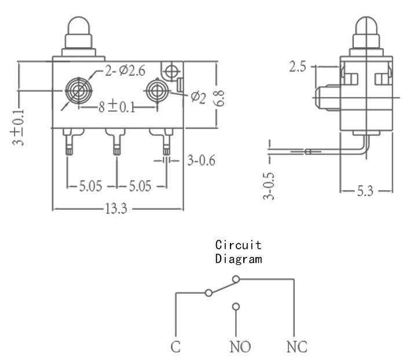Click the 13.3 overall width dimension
click(x=116, y=208)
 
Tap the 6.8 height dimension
click(x=220, y=98)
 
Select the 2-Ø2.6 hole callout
click(x=125, y=71)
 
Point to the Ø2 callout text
click(x=199, y=97)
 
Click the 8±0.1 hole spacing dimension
click(x=117, y=106)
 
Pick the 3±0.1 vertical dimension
click(x=19, y=127)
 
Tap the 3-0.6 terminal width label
click(x=202, y=160)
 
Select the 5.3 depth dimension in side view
click(x=365, y=191)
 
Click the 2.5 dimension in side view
click(x=298, y=67)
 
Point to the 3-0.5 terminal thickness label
click(x=268, y=186)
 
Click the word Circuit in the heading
click(x=238, y=245)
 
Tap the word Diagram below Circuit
click(x=239, y=259)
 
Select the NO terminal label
click(x=240, y=347)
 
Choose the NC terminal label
click(x=297, y=347)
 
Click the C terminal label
click(x=175, y=347)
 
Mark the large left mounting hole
click(x=79, y=91)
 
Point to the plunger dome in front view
click(x=79, y=25)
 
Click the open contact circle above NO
click(x=236, y=307)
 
